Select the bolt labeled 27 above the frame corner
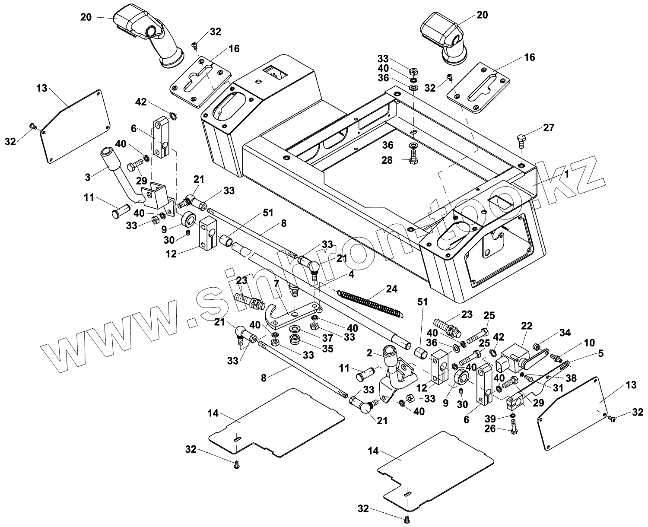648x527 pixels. click(x=521, y=141)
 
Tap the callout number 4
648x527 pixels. click(x=351, y=275)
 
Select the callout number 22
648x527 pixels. click(x=527, y=326)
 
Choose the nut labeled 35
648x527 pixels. click(x=295, y=340)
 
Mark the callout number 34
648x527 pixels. click(x=565, y=333)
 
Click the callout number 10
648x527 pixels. click(x=589, y=343)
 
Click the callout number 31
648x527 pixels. click(x=559, y=387)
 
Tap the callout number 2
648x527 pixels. click(x=369, y=352)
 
